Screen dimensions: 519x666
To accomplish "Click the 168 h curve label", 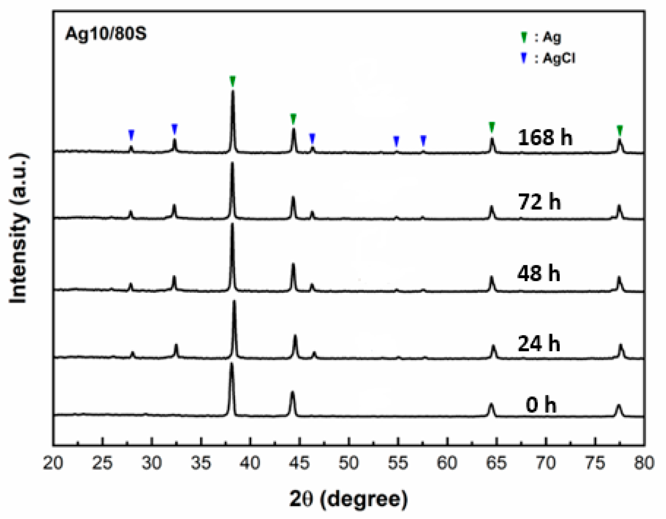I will (545, 137).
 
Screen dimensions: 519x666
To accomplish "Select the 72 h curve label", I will (539, 202).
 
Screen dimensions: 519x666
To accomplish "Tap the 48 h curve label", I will (539, 273).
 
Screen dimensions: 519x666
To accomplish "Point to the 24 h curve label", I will (539, 343).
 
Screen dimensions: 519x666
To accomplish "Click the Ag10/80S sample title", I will (106, 34).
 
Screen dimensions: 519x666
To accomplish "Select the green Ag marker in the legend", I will (524, 37).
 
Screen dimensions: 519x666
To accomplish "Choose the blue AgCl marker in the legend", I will (524, 58).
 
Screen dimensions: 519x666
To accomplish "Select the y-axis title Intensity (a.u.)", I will (19, 228).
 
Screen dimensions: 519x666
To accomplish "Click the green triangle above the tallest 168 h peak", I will (233, 81).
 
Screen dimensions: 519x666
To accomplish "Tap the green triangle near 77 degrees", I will (620, 130).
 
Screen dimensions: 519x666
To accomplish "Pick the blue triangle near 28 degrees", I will (131, 135).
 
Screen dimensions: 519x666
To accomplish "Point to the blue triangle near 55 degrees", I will (396, 141).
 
